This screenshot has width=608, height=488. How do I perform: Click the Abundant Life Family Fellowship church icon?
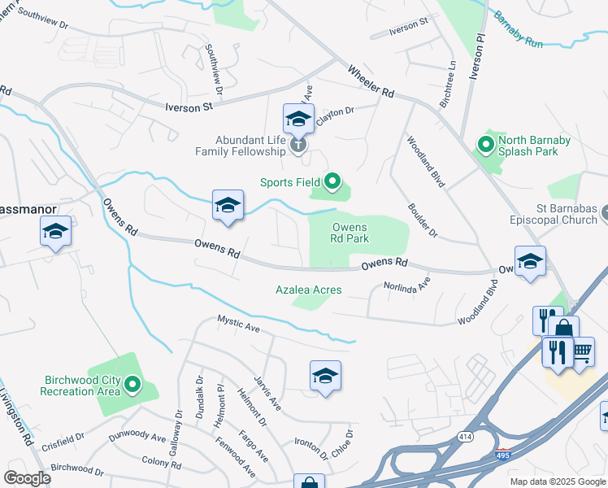pyautogui.click(x=298, y=146)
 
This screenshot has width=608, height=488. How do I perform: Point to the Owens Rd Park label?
pyautogui.click(x=350, y=233)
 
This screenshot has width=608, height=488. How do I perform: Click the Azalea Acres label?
pyautogui.click(x=308, y=290)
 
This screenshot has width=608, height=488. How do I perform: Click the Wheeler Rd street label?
pyautogui.click(x=371, y=82)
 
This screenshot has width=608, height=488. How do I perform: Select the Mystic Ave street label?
pyautogui.click(x=238, y=324)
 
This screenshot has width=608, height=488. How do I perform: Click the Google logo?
pyautogui.click(x=27, y=477)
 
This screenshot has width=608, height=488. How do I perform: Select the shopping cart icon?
pyautogui.click(x=583, y=352)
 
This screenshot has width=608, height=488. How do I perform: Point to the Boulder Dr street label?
pyautogui.click(x=423, y=220)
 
